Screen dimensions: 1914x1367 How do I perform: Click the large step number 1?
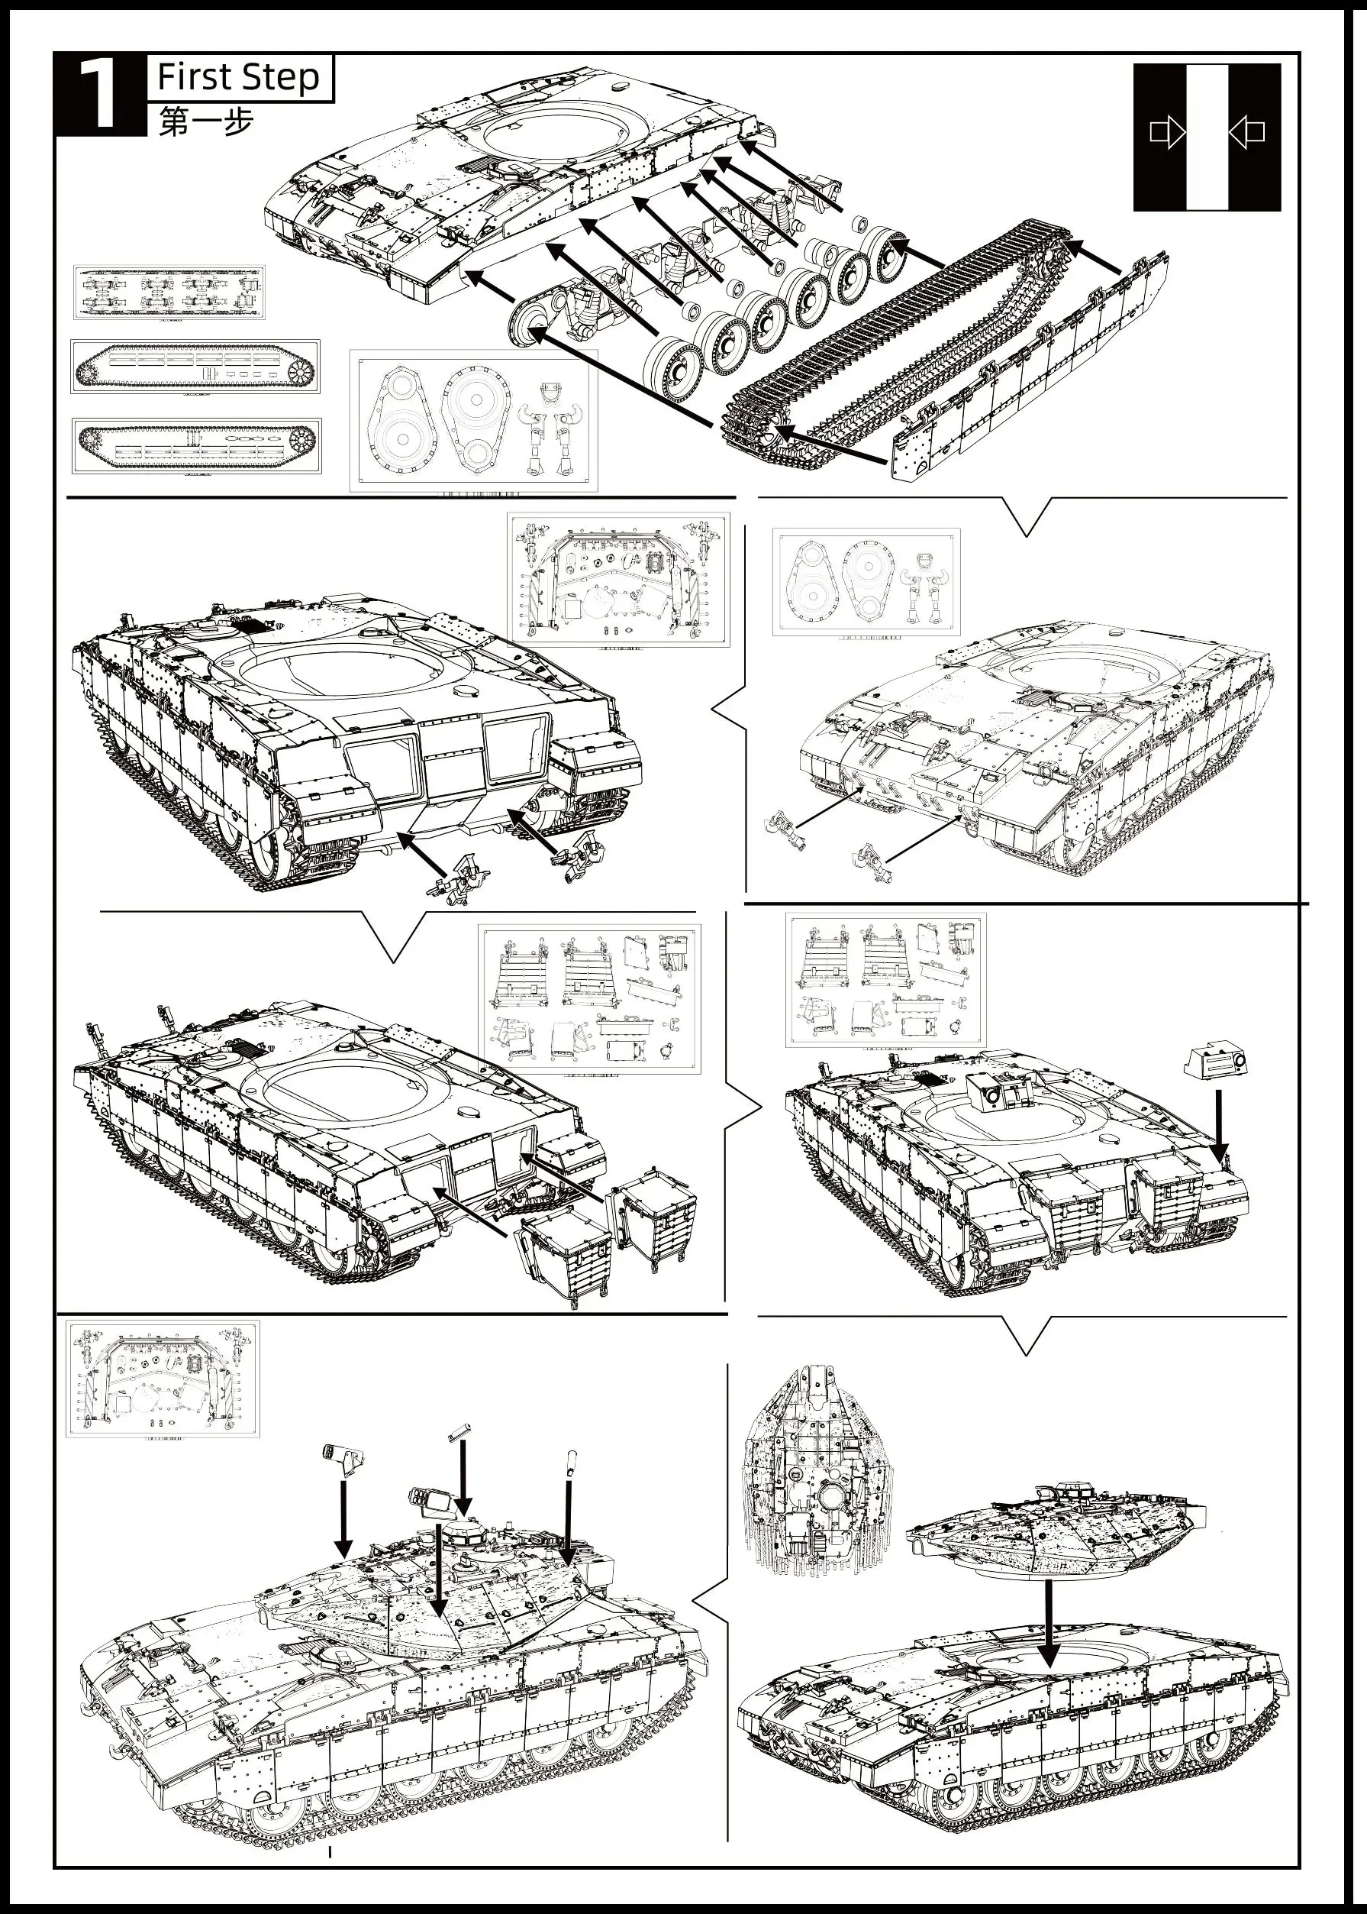[x=99, y=97]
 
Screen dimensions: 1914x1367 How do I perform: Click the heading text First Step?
[x=238, y=77]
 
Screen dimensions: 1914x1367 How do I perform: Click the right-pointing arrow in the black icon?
[x=1168, y=132]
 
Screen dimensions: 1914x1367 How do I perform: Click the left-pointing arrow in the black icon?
[x=1246, y=132]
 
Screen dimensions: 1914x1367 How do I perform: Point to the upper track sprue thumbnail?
[x=195, y=367]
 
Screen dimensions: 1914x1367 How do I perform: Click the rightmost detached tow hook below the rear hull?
[x=574, y=860]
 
